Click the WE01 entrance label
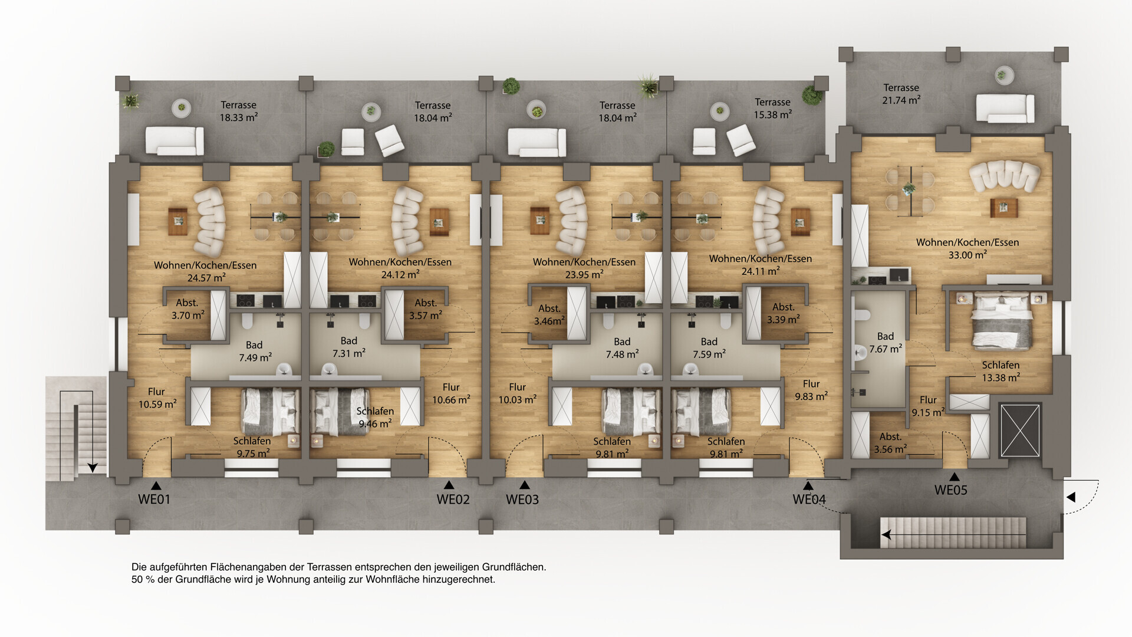[x=154, y=499]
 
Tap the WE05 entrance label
[x=950, y=490]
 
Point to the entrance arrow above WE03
[x=524, y=485]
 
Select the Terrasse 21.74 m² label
[x=901, y=94]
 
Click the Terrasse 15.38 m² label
[x=772, y=109]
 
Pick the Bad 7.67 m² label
[x=886, y=343]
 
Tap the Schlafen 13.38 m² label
[x=1001, y=371]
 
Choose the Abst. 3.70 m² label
[x=187, y=309]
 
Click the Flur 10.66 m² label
[x=451, y=393]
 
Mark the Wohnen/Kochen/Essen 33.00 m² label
[x=967, y=248]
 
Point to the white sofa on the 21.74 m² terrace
[x=1005, y=109]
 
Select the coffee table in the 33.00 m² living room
[x=1003, y=208]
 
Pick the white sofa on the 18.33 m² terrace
[x=175, y=141]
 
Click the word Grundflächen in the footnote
[x=514, y=567]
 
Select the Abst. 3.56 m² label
[x=890, y=443]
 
